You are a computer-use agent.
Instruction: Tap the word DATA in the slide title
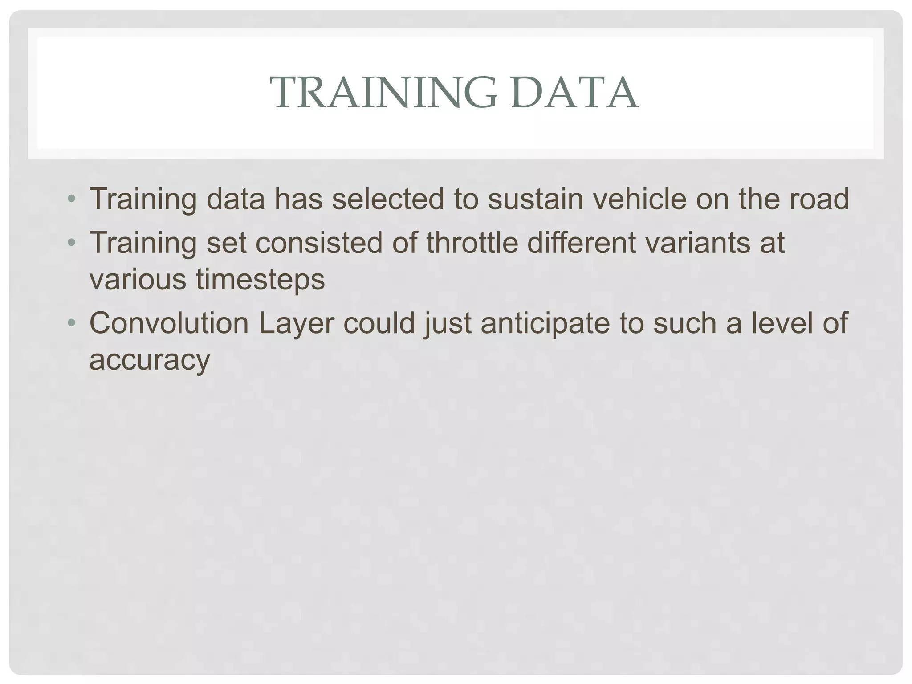tap(575, 93)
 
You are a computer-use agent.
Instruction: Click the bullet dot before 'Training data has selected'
tap(71, 199)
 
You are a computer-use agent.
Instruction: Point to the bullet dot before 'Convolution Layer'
tap(71, 323)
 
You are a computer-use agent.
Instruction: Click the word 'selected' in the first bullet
tap(388, 199)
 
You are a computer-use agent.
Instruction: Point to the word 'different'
tap(582, 243)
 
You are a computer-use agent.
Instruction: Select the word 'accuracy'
tap(150, 360)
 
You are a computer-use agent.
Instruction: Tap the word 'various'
tap(138, 279)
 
